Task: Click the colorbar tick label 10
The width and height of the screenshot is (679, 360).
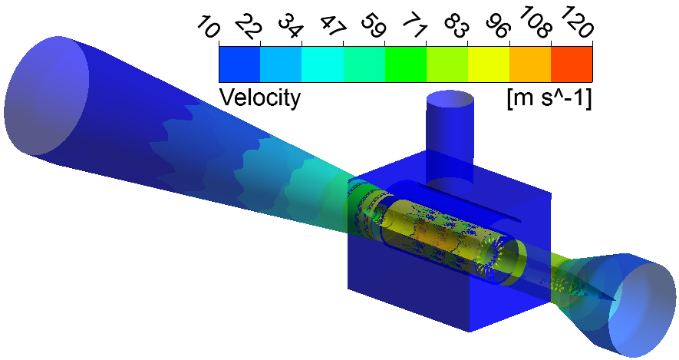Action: [208, 26]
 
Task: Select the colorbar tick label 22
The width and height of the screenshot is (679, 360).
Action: [249, 26]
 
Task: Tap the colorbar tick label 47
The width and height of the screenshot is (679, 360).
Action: [332, 26]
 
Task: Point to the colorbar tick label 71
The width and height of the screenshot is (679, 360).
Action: [415, 26]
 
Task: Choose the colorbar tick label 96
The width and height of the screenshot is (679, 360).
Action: [499, 26]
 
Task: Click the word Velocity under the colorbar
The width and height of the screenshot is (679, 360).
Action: [260, 97]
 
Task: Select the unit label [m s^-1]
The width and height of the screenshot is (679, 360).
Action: [549, 98]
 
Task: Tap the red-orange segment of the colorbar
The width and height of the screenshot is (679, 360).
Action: [572, 64]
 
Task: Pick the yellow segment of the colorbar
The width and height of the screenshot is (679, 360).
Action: [489, 64]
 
